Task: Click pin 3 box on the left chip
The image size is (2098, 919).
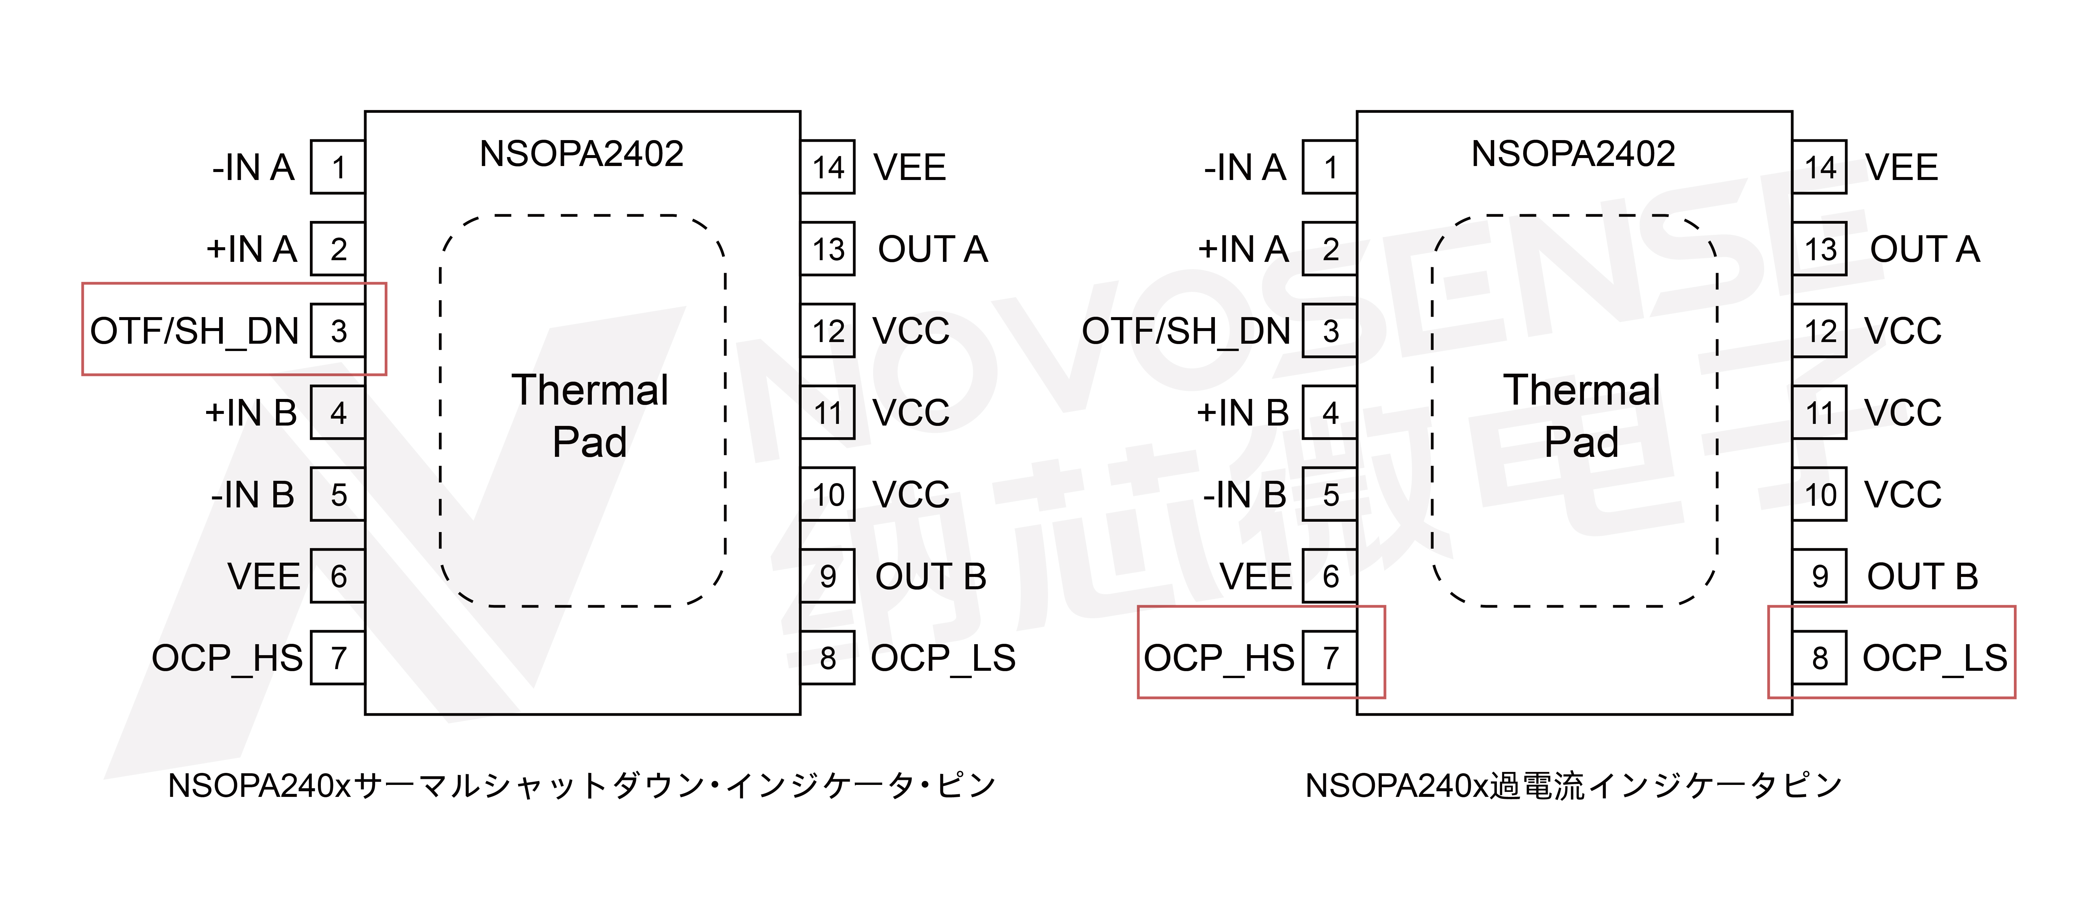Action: click(338, 331)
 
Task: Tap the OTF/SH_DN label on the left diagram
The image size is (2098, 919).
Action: click(195, 331)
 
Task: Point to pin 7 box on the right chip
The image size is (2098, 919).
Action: click(1330, 657)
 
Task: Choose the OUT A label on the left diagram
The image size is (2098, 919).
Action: click(933, 249)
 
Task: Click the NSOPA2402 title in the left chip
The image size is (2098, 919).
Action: click(582, 153)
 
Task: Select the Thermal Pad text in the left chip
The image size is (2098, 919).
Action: click(590, 416)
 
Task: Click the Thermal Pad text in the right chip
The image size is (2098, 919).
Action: click(1582, 416)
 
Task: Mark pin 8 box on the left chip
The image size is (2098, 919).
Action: click(828, 657)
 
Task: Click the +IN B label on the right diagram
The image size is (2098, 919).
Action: click(1243, 413)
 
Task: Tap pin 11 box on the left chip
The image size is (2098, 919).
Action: click(828, 413)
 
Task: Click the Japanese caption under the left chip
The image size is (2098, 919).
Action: click(582, 785)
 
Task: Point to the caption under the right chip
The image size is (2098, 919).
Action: click(1573, 785)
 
